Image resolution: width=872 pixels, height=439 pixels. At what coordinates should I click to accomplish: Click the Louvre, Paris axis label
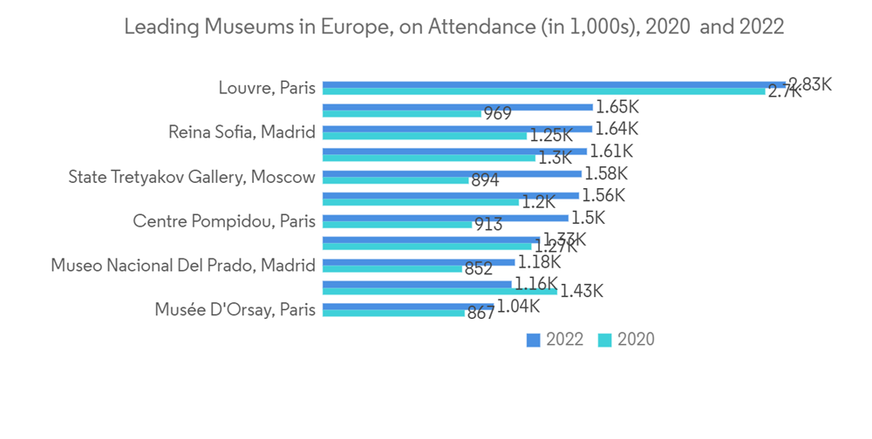click(x=266, y=88)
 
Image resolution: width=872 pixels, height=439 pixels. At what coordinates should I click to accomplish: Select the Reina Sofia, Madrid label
click(x=242, y=132)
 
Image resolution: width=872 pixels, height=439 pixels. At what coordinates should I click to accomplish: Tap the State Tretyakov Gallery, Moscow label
click(x=192, y=177)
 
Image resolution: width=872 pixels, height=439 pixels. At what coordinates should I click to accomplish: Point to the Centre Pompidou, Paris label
click(x=223, y=221)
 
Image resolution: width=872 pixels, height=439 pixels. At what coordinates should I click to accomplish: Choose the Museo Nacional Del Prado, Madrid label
click(x=182, y=265)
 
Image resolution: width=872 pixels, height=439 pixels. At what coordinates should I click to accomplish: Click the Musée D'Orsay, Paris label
click(x=235, y=309)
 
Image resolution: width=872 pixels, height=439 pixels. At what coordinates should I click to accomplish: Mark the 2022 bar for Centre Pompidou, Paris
click(x=445, y=218)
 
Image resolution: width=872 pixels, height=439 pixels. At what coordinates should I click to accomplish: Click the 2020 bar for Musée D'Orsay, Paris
click(x=393, y=313)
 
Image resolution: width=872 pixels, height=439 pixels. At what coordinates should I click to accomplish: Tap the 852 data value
click(x=479, y=269)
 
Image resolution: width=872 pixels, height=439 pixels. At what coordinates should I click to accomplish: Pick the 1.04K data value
click(x=519, y=306)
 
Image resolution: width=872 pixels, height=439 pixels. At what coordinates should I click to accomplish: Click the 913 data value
click(x=488, y=225)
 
